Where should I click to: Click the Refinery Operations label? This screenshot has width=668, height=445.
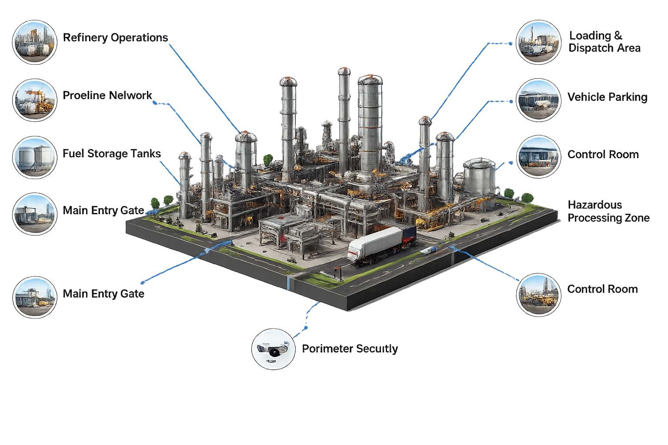pos(115,38)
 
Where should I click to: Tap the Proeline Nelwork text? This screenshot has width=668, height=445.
pos(107,95)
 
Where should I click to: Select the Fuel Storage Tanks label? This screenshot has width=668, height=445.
pos(112,154)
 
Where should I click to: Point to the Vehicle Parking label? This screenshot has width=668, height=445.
pos(608,97)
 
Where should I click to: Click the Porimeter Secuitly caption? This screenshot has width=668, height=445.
pos(350,349)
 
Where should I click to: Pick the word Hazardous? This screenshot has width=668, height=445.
pos(595,205)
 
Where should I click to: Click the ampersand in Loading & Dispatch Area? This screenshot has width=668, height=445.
pos(618,36)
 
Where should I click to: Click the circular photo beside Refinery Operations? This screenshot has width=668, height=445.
pos(35,42)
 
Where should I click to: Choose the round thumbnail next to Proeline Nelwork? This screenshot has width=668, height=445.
pos(35,100)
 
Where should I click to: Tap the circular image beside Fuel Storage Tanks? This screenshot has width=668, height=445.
pos(35,158)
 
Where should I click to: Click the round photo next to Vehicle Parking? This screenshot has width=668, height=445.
pos(538,100)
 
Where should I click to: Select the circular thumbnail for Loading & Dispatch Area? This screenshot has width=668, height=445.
pos(538,42)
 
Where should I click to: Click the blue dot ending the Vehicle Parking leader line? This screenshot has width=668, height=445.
pos(511,102)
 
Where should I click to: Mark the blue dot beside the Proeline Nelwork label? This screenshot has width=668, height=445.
pos(154,103)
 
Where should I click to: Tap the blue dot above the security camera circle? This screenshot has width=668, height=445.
pos(306,328)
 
